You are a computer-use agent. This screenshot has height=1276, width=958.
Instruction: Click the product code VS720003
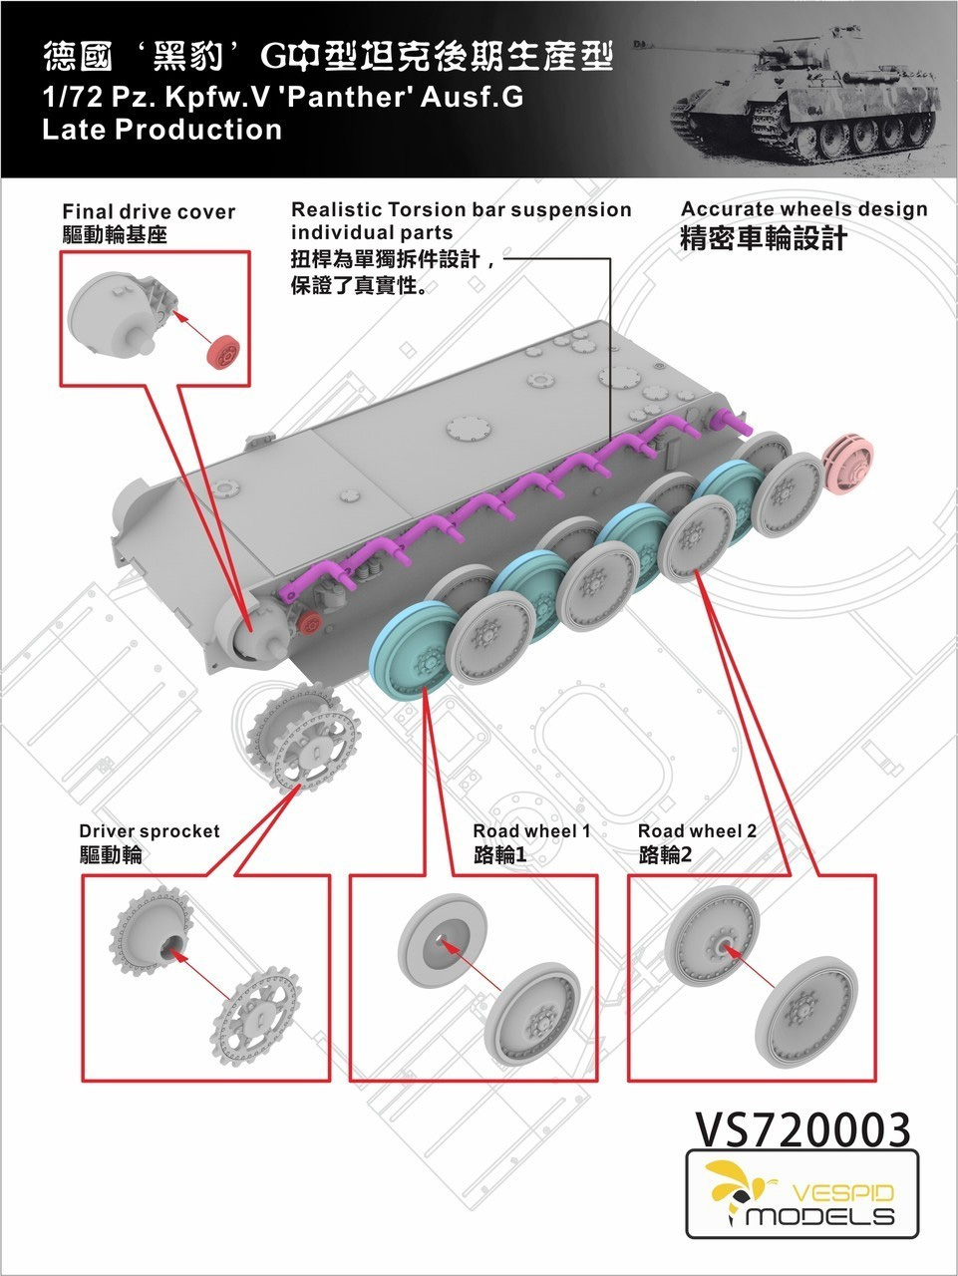click(801, 1128)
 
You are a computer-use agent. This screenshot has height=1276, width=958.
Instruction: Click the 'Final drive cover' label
click(149, 211)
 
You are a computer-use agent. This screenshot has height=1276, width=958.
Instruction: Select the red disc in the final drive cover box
click(224, 352)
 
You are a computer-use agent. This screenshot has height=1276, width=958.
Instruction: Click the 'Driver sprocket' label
click(150, 831)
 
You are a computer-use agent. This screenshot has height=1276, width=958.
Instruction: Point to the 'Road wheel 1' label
click(531, 831)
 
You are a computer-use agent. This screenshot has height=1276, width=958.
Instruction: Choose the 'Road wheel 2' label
click(697, 831)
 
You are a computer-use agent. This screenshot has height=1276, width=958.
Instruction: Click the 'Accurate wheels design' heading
click(803, 209)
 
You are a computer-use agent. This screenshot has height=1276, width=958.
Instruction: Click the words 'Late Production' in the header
click(162, 130)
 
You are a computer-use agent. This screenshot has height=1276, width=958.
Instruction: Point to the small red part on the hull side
click(309, 625)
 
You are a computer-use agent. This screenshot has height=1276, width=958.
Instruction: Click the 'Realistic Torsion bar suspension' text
click(461, 210)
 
